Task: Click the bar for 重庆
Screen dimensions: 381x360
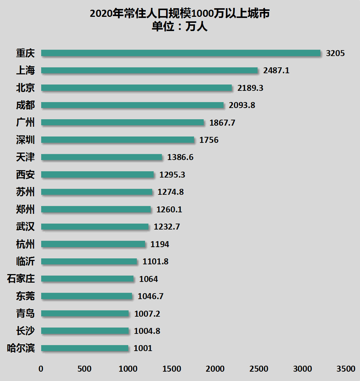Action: point(181,53)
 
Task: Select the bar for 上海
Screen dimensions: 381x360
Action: point(149,70)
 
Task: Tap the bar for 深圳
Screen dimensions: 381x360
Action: point(117,140)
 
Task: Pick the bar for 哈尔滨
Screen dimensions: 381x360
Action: point(84,348)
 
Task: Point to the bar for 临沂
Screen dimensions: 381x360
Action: point(89,261)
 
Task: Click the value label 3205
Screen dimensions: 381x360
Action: point(335,53)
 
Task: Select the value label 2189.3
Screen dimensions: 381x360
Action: point(250,88)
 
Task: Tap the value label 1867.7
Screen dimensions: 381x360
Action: point(222,123)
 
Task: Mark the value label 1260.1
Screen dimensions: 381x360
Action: point(169,209)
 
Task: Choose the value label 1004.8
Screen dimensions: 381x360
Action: point(147,331)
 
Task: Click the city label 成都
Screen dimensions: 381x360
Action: point(25,105)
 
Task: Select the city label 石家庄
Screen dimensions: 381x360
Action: point(21,279)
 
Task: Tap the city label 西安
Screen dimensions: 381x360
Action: point(25,175)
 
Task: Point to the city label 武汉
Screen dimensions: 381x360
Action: point(25,227)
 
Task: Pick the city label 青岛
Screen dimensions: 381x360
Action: point(25,313)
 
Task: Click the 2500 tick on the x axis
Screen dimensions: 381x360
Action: point(259,369)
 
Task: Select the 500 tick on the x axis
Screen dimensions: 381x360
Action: point(84,369)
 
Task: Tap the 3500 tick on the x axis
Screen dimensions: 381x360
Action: point(346,369)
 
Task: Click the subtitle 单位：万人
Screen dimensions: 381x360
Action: point(180,27)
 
